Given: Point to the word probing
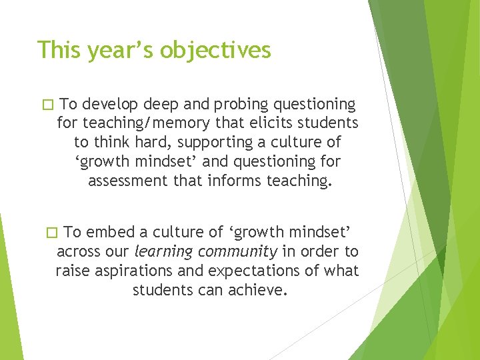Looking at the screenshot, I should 225,104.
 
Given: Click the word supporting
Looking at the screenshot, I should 213,142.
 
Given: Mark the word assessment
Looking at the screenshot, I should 126,181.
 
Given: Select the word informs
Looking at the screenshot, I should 233,181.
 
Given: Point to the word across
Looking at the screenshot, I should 76,251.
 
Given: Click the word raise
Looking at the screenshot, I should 72,271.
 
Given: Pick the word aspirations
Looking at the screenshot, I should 131,271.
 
